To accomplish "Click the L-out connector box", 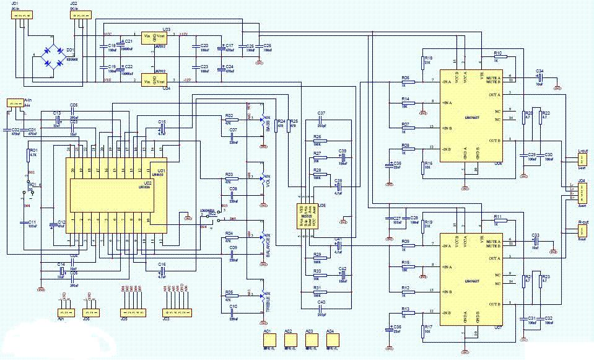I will point(582,160).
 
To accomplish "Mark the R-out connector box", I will point(582,230).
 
